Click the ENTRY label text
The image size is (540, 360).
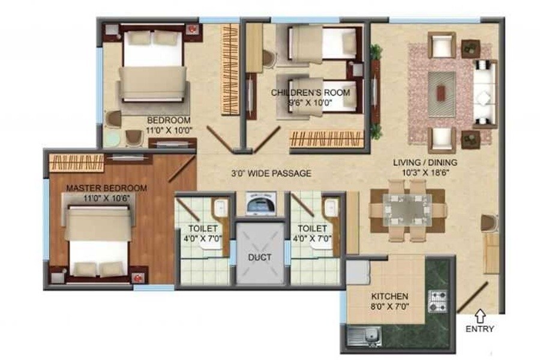pyautogui.click(x=479, y=329)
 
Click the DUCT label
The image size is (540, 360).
pyautogui.click(x=260, y=257)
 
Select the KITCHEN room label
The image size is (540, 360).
pyautogui.click(x=390, y=296)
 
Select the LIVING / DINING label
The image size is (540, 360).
pyautogui.click(x=425, y=162)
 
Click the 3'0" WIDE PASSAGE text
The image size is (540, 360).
pyautogui.click(x=271, y=174)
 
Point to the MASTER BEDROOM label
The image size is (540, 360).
pyautogui.click(x=106, y=188)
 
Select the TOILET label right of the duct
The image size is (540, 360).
pyautogui.click(x=313, y=229)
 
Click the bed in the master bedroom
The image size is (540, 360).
pyautogui.click(x=98, y=240)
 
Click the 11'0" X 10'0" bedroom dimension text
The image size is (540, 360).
pyautogui.click(x=169, y=128)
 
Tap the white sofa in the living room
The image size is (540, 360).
pyautogui.click(x=485, y=93)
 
